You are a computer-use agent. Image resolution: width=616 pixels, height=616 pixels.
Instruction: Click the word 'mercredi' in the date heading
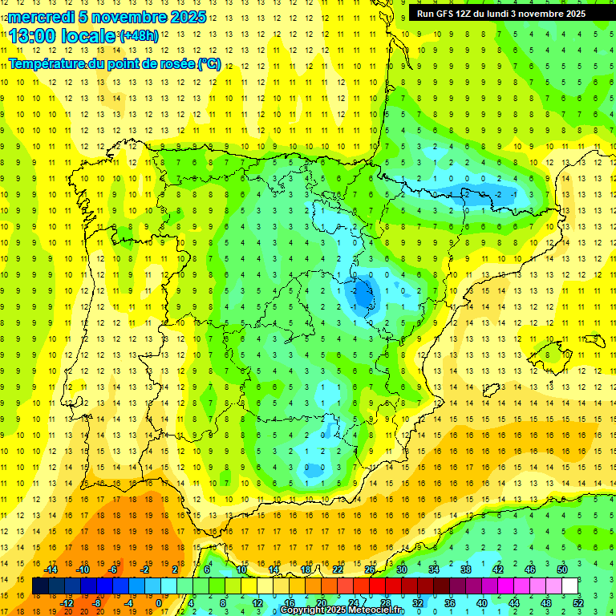[41, 17]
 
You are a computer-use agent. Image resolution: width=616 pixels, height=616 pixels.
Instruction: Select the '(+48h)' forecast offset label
[139, 36]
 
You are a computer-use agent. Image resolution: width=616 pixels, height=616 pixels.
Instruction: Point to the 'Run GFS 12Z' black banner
[500, 14]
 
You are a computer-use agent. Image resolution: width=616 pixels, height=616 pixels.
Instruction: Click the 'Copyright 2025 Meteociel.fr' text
[342, 610]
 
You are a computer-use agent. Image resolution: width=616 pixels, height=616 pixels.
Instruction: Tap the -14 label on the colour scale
[51, 569]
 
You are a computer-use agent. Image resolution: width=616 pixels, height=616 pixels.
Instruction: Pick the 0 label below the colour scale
[159, 603]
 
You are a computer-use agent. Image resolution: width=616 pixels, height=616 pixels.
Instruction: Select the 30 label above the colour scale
[401, 569]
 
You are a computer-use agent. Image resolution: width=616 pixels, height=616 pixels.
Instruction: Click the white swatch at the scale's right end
[570, 586]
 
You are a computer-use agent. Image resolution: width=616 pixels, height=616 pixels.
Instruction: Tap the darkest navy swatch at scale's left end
[41, 586]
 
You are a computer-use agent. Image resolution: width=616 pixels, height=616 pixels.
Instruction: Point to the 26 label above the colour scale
[370, 569]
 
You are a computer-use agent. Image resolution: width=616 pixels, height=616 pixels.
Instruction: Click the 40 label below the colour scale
[482, 603]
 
